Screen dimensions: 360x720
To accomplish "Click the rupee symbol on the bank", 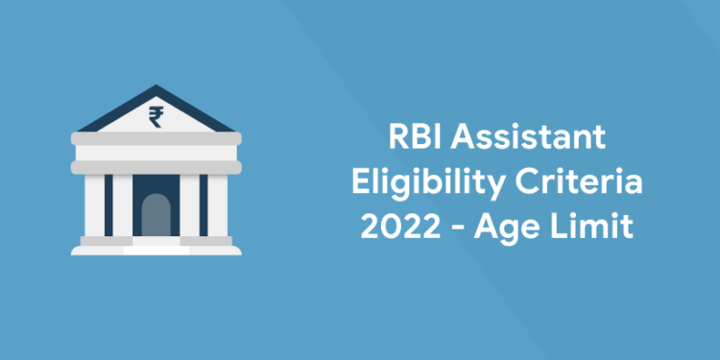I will coord(155,117).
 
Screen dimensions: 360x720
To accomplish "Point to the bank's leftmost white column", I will coord(94,206).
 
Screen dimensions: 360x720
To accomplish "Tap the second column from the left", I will coord(123,206).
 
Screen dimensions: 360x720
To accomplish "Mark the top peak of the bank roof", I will coord(155,89).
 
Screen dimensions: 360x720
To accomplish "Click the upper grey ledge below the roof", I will coord(155,139).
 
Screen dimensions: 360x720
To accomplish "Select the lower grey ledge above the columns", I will coord(155,165).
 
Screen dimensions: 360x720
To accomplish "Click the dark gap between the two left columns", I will coord(108,206).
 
